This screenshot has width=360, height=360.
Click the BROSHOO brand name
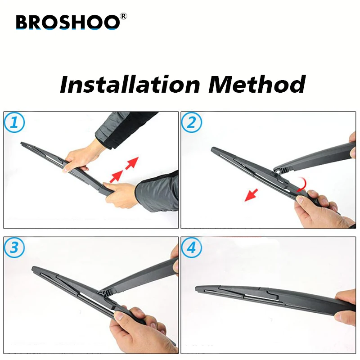(67, 22)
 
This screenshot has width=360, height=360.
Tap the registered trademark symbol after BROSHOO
(124, 17)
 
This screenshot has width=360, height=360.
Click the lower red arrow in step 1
(116, 175)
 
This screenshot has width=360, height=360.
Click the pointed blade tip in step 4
(198, 288)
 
